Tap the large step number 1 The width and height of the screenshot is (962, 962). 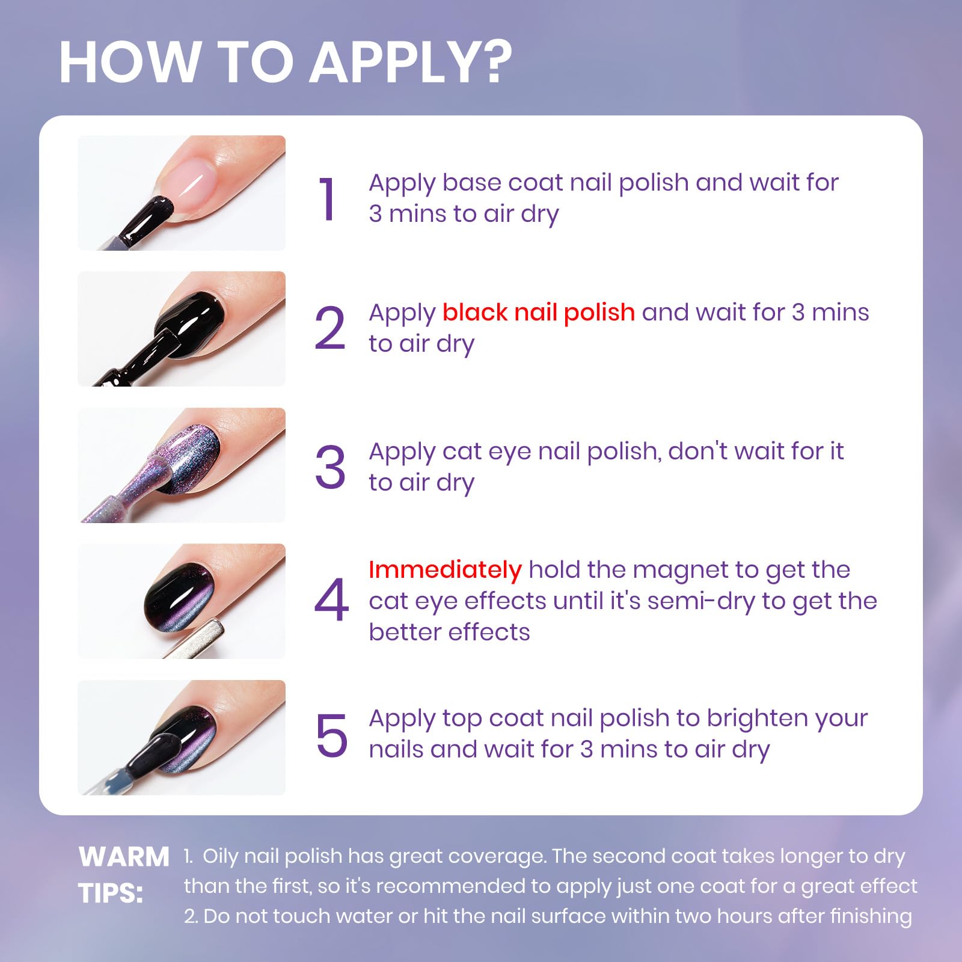328,199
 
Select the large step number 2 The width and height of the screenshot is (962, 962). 330,328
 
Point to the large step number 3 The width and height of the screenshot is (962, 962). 330,467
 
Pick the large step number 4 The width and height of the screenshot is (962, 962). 331,599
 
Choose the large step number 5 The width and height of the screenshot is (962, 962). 331,735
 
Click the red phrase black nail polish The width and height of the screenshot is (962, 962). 539,313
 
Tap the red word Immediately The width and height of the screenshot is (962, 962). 445,570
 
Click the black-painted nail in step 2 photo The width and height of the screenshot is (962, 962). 191,322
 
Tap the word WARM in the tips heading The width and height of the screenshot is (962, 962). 124,857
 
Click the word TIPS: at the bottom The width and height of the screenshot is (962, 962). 111,893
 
